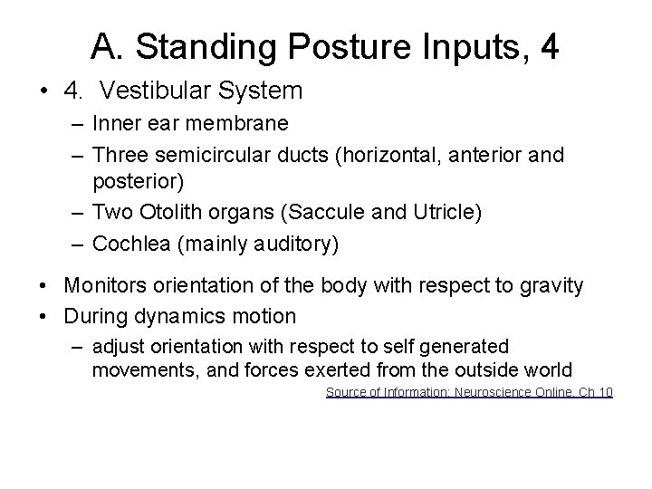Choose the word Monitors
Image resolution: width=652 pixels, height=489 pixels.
[108, 286]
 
